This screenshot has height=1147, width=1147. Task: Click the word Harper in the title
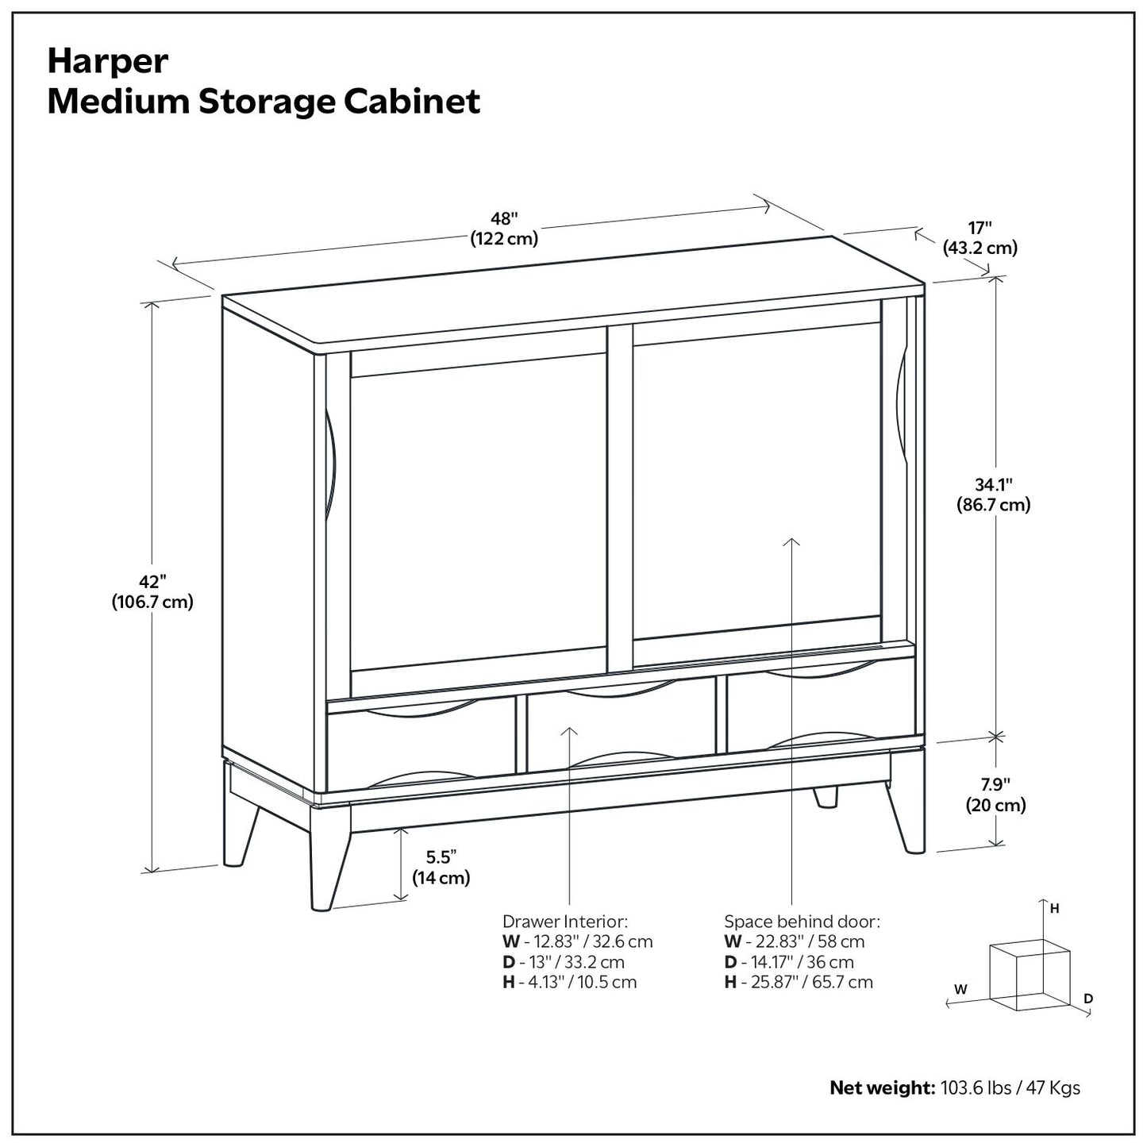(108, 61)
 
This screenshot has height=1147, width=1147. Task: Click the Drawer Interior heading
(564, 922)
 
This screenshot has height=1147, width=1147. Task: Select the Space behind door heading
(802, 922)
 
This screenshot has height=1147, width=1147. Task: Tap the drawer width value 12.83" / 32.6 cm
(587, 941)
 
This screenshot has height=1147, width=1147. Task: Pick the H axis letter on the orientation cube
(1054, 909)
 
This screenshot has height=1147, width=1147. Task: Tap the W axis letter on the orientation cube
(960, 989)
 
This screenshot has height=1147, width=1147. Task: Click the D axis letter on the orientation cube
(1088, 998)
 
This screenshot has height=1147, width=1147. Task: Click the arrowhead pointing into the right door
(791, 541)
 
